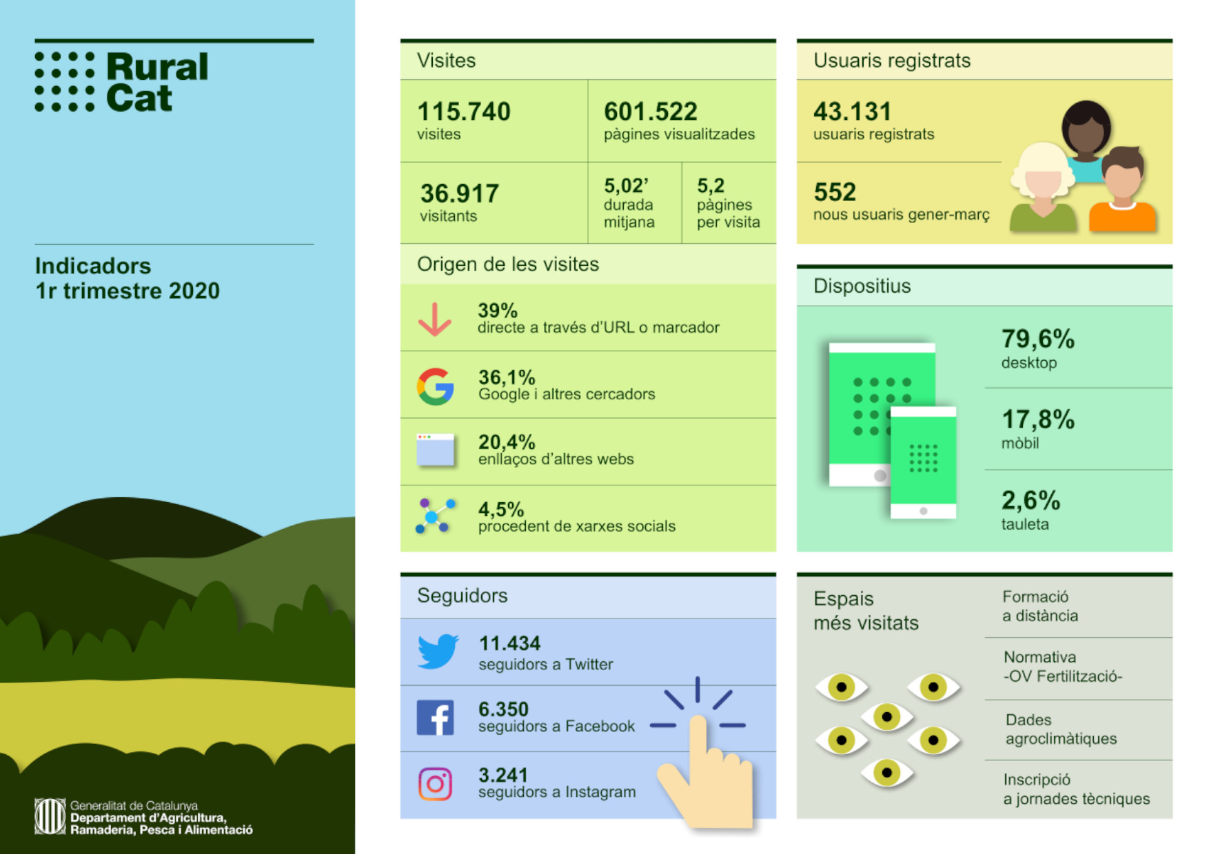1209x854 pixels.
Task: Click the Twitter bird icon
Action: tap(437, 651)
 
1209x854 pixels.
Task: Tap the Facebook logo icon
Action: tap(435, 718)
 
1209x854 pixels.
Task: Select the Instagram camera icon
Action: tap(435, 784)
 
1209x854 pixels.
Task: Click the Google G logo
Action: tap(435, 386)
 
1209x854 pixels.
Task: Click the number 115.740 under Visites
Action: tap(464, 112)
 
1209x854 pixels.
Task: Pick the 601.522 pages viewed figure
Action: tap(650, 112)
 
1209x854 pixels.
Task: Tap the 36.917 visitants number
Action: tap(459, 194)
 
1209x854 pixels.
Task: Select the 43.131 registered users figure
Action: tap(852, 112)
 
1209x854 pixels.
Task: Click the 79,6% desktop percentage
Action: tap(1037, 339)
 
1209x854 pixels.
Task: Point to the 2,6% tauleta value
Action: tap(1030, 500)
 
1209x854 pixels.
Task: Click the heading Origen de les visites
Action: tap(507, 264)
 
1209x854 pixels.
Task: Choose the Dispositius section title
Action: tap(862, 286)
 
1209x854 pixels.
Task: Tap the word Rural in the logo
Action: tap(157, 67)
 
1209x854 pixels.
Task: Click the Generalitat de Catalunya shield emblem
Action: tap(50, 816)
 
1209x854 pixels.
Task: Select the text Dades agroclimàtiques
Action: tap(1060, 729)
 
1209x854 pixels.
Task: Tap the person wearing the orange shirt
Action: tap(1121, 192)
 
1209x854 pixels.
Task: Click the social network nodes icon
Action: tap(435, 516)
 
